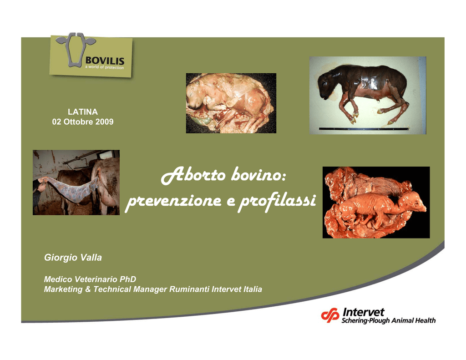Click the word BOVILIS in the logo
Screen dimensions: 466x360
(x=105, y=61)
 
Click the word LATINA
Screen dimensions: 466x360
(x=83, y=112)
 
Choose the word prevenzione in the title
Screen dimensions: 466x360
(x=174, y=202)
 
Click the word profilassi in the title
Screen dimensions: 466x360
(x=277, y=201)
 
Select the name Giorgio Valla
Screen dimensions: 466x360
(x=73, y=258)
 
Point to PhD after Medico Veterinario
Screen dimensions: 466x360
(x=128, y=279)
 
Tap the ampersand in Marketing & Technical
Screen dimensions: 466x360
(x=88, y=289)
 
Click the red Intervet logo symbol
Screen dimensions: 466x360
(x=330, y=315)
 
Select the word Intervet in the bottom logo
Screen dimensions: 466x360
(x=363, y=312)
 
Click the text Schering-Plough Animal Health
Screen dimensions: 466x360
(x=389, y=320)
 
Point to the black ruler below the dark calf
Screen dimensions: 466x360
(x=364, y=129)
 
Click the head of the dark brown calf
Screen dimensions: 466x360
(x=327, y=84)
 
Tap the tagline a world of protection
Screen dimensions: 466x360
(x=104, y=67)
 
